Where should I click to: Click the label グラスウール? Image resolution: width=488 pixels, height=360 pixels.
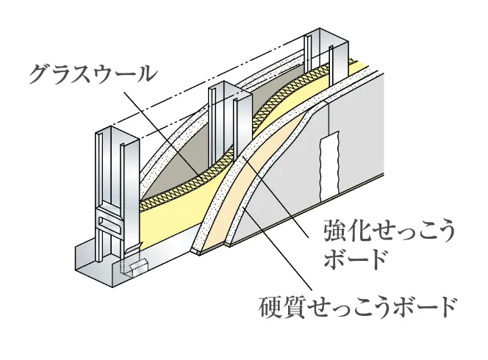[x=93, y=72]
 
